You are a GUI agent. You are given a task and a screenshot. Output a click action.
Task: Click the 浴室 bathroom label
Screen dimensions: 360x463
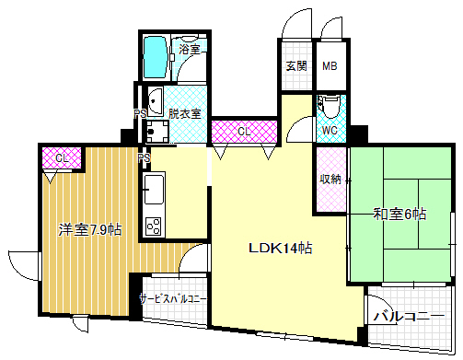pos(190,50)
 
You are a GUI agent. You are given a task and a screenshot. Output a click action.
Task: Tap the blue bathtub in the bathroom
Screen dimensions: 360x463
pos(156,58)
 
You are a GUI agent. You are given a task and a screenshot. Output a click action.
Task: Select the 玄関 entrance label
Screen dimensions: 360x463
pos(296,66)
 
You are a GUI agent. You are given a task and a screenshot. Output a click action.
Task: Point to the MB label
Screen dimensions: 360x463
pos(330,66)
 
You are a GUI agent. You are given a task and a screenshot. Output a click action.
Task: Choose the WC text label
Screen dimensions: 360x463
pos(330,131)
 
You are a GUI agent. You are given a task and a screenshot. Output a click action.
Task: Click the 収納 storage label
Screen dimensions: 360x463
pos(330,179)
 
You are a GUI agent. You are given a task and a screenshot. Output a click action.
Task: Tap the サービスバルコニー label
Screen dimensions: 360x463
pos(173,299)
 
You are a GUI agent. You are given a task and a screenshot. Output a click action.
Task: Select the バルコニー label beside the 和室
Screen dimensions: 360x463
pos(410,317)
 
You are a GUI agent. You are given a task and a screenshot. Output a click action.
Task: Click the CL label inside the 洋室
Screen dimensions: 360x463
pos(61,158)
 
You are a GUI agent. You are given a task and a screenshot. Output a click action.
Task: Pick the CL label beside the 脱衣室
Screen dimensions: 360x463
pos(244,132)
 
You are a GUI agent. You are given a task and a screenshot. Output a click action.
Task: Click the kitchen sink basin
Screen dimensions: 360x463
pos(153,192)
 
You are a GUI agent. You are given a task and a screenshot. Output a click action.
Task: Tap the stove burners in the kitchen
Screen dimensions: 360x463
pos(153,226)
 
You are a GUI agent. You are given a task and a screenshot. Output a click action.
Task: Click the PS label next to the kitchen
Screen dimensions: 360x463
pos(144,158)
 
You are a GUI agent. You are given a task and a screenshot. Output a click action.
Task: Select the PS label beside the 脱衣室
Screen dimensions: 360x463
pos(141,114)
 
